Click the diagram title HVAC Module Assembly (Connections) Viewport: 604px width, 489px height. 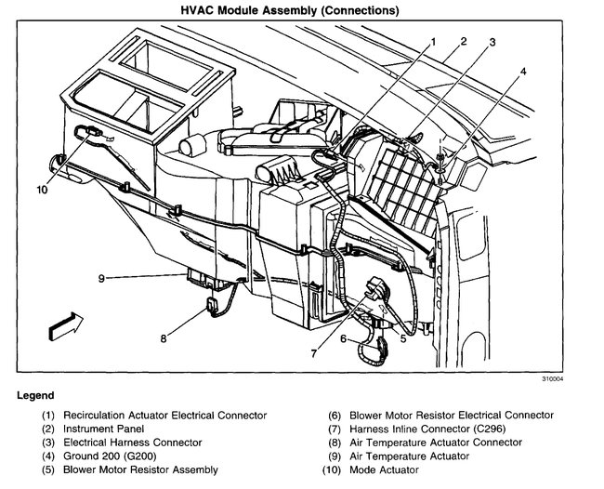304,10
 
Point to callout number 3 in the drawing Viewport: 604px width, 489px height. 493,43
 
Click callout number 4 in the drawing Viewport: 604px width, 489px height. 524,71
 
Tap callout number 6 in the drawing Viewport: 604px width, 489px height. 344,339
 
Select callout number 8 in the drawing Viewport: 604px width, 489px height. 164,338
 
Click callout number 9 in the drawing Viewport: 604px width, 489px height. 104,277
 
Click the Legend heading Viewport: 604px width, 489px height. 35,395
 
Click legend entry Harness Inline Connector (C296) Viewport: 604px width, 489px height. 437,429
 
